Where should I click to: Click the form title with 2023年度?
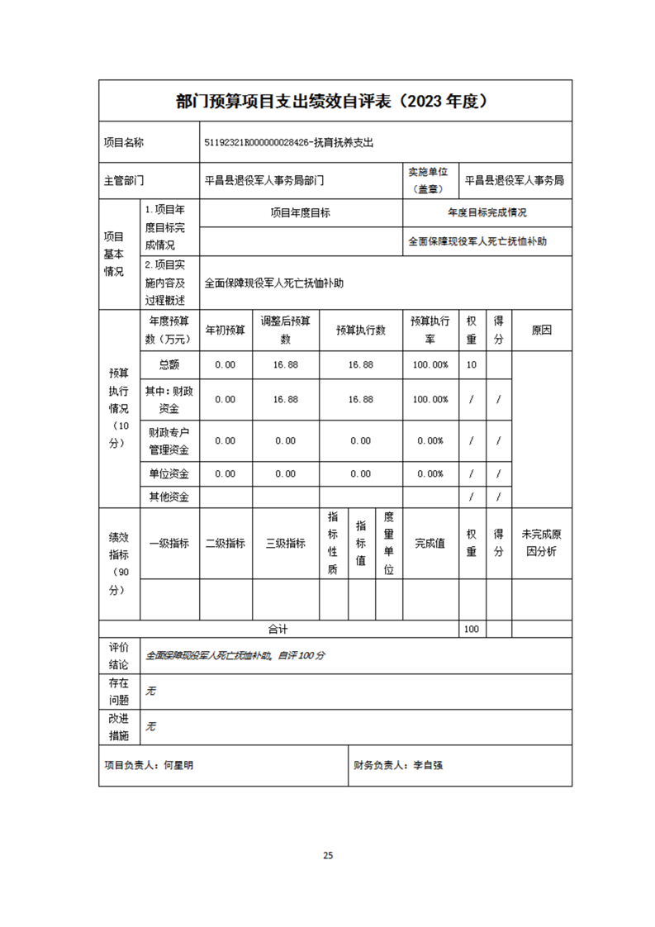coord(335,102)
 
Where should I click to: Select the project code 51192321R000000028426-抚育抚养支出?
coord(289,143)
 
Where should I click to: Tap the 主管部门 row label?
coord(124,180)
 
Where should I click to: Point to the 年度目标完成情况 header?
coord(487,212)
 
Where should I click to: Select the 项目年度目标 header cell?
coord(301,212)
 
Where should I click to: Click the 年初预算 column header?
coord(225,330)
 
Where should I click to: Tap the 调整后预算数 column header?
coord(285,330)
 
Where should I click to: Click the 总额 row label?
coord(168,364)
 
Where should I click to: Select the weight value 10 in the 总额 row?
coord(472,364)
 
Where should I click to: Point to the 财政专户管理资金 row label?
coord(168,440)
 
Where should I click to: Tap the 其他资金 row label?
coord(168,497)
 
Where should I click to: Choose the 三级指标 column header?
coord(285,543)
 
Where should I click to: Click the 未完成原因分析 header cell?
coord(542,543)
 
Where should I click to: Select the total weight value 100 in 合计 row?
coord(472,629)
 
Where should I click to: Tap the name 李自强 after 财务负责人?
coord(428,765)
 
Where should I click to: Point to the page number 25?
coord(328,855)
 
